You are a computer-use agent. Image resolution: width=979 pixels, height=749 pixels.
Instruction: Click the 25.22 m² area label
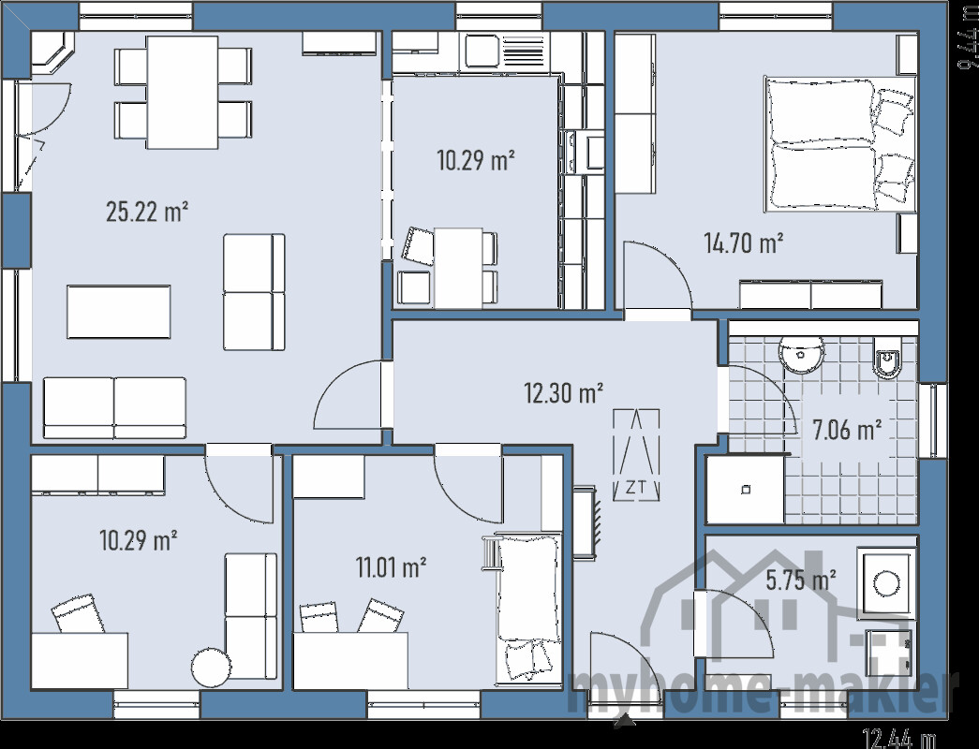click(x=147, y=213)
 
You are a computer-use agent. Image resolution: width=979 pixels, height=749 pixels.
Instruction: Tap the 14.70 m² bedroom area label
click(x=743, y=244)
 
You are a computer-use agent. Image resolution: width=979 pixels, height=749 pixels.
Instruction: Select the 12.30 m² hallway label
click(x=562, y=393)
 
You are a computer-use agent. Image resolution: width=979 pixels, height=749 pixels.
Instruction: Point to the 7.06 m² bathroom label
click(x=847, y=430)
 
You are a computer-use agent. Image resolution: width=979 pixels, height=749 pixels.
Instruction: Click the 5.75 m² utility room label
click(x=801, y=580)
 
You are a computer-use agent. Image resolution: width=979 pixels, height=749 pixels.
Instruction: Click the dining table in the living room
click(x=183, y=92)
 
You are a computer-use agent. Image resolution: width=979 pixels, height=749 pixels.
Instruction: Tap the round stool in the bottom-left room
click(x=210, y=668)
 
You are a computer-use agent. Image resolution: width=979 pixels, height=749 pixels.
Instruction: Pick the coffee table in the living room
click(x=118, y=312)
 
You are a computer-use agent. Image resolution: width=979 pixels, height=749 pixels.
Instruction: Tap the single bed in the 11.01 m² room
click(x=527, y=606)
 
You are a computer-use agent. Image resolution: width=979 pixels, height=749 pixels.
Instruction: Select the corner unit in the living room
click(x=54, y=52)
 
